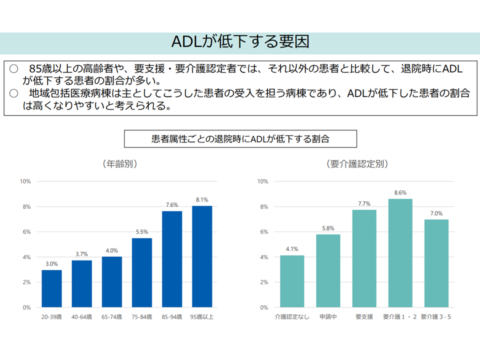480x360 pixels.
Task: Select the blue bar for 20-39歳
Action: [52, 288]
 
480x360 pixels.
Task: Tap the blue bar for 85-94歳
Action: [172, 259]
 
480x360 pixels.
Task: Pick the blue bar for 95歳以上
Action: [202, 256]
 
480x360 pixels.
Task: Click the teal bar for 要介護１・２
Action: [400, 253]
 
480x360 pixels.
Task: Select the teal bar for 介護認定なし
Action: [292, 281]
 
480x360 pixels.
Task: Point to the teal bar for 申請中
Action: [328, 270]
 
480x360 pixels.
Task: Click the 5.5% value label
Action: [142, 232]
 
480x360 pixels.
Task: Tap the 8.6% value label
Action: [400, 192]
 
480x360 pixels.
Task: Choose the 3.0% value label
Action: [52, 263]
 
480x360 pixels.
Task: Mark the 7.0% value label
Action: [436, 213]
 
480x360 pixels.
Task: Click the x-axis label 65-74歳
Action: [112, 316]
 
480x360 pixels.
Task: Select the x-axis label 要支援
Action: [364, 316]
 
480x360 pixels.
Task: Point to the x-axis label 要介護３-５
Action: [436, 316]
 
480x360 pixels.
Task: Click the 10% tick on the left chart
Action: [25, 181]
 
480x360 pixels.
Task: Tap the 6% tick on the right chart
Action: [263, 232]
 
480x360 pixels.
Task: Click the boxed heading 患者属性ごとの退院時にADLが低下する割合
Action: [240, 138]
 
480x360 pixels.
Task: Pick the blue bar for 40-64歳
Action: [82, 283]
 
